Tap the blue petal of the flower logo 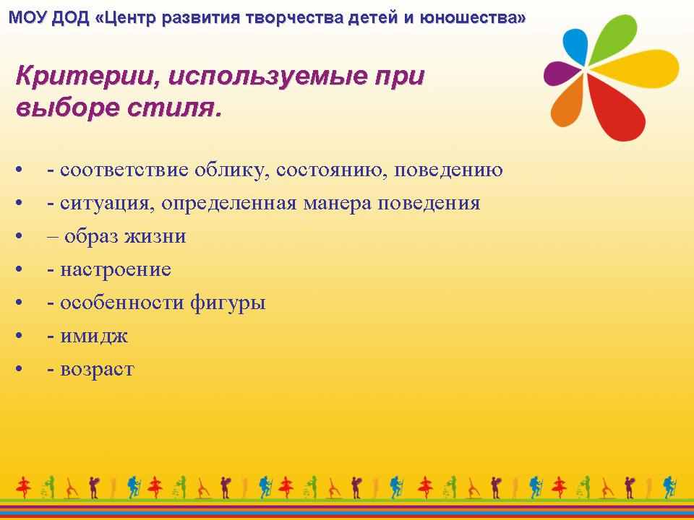click(575, 46)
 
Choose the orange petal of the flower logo click(566, 104)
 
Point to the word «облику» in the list click(231, 170)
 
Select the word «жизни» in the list click(155, 236)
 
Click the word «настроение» click(116, 269)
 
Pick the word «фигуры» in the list click(228, 303)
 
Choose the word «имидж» click(94, 337)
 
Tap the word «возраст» click(97, 370)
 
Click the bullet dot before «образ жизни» click(19, 236)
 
